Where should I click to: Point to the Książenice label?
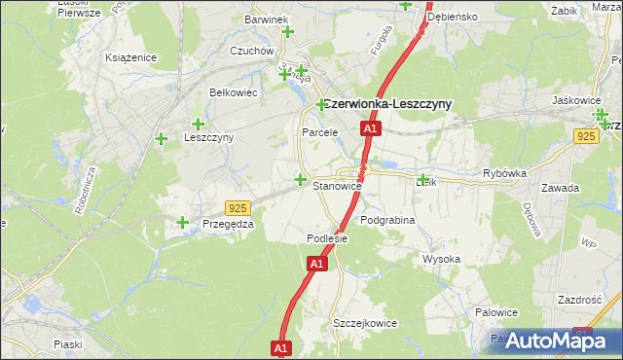click(131, 57)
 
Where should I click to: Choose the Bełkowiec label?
click(233, 92)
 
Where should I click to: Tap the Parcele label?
click(319, 131)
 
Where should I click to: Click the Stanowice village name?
click(337, 185)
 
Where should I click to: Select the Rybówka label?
click(504, 173)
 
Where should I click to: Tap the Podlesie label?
click(327, 238)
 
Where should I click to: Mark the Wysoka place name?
click(441, 259)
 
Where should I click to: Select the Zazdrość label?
click(581, 300)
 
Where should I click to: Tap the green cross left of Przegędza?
click(183, 223)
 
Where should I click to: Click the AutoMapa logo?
click(563, 341)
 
